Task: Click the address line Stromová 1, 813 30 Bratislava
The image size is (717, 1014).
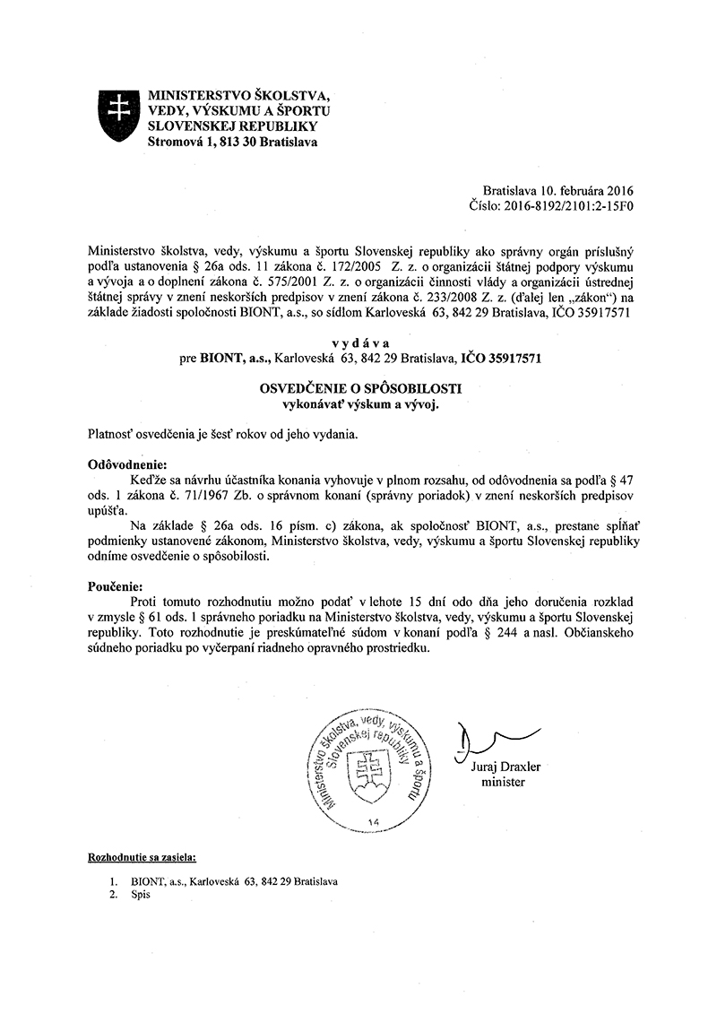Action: click(x=231, y=141)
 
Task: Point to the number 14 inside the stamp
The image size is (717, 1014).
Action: click(x=373, y=821)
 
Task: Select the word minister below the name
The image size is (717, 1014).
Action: click(x=502, y=782)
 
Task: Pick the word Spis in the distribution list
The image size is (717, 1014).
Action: click(x=142, y=895)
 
